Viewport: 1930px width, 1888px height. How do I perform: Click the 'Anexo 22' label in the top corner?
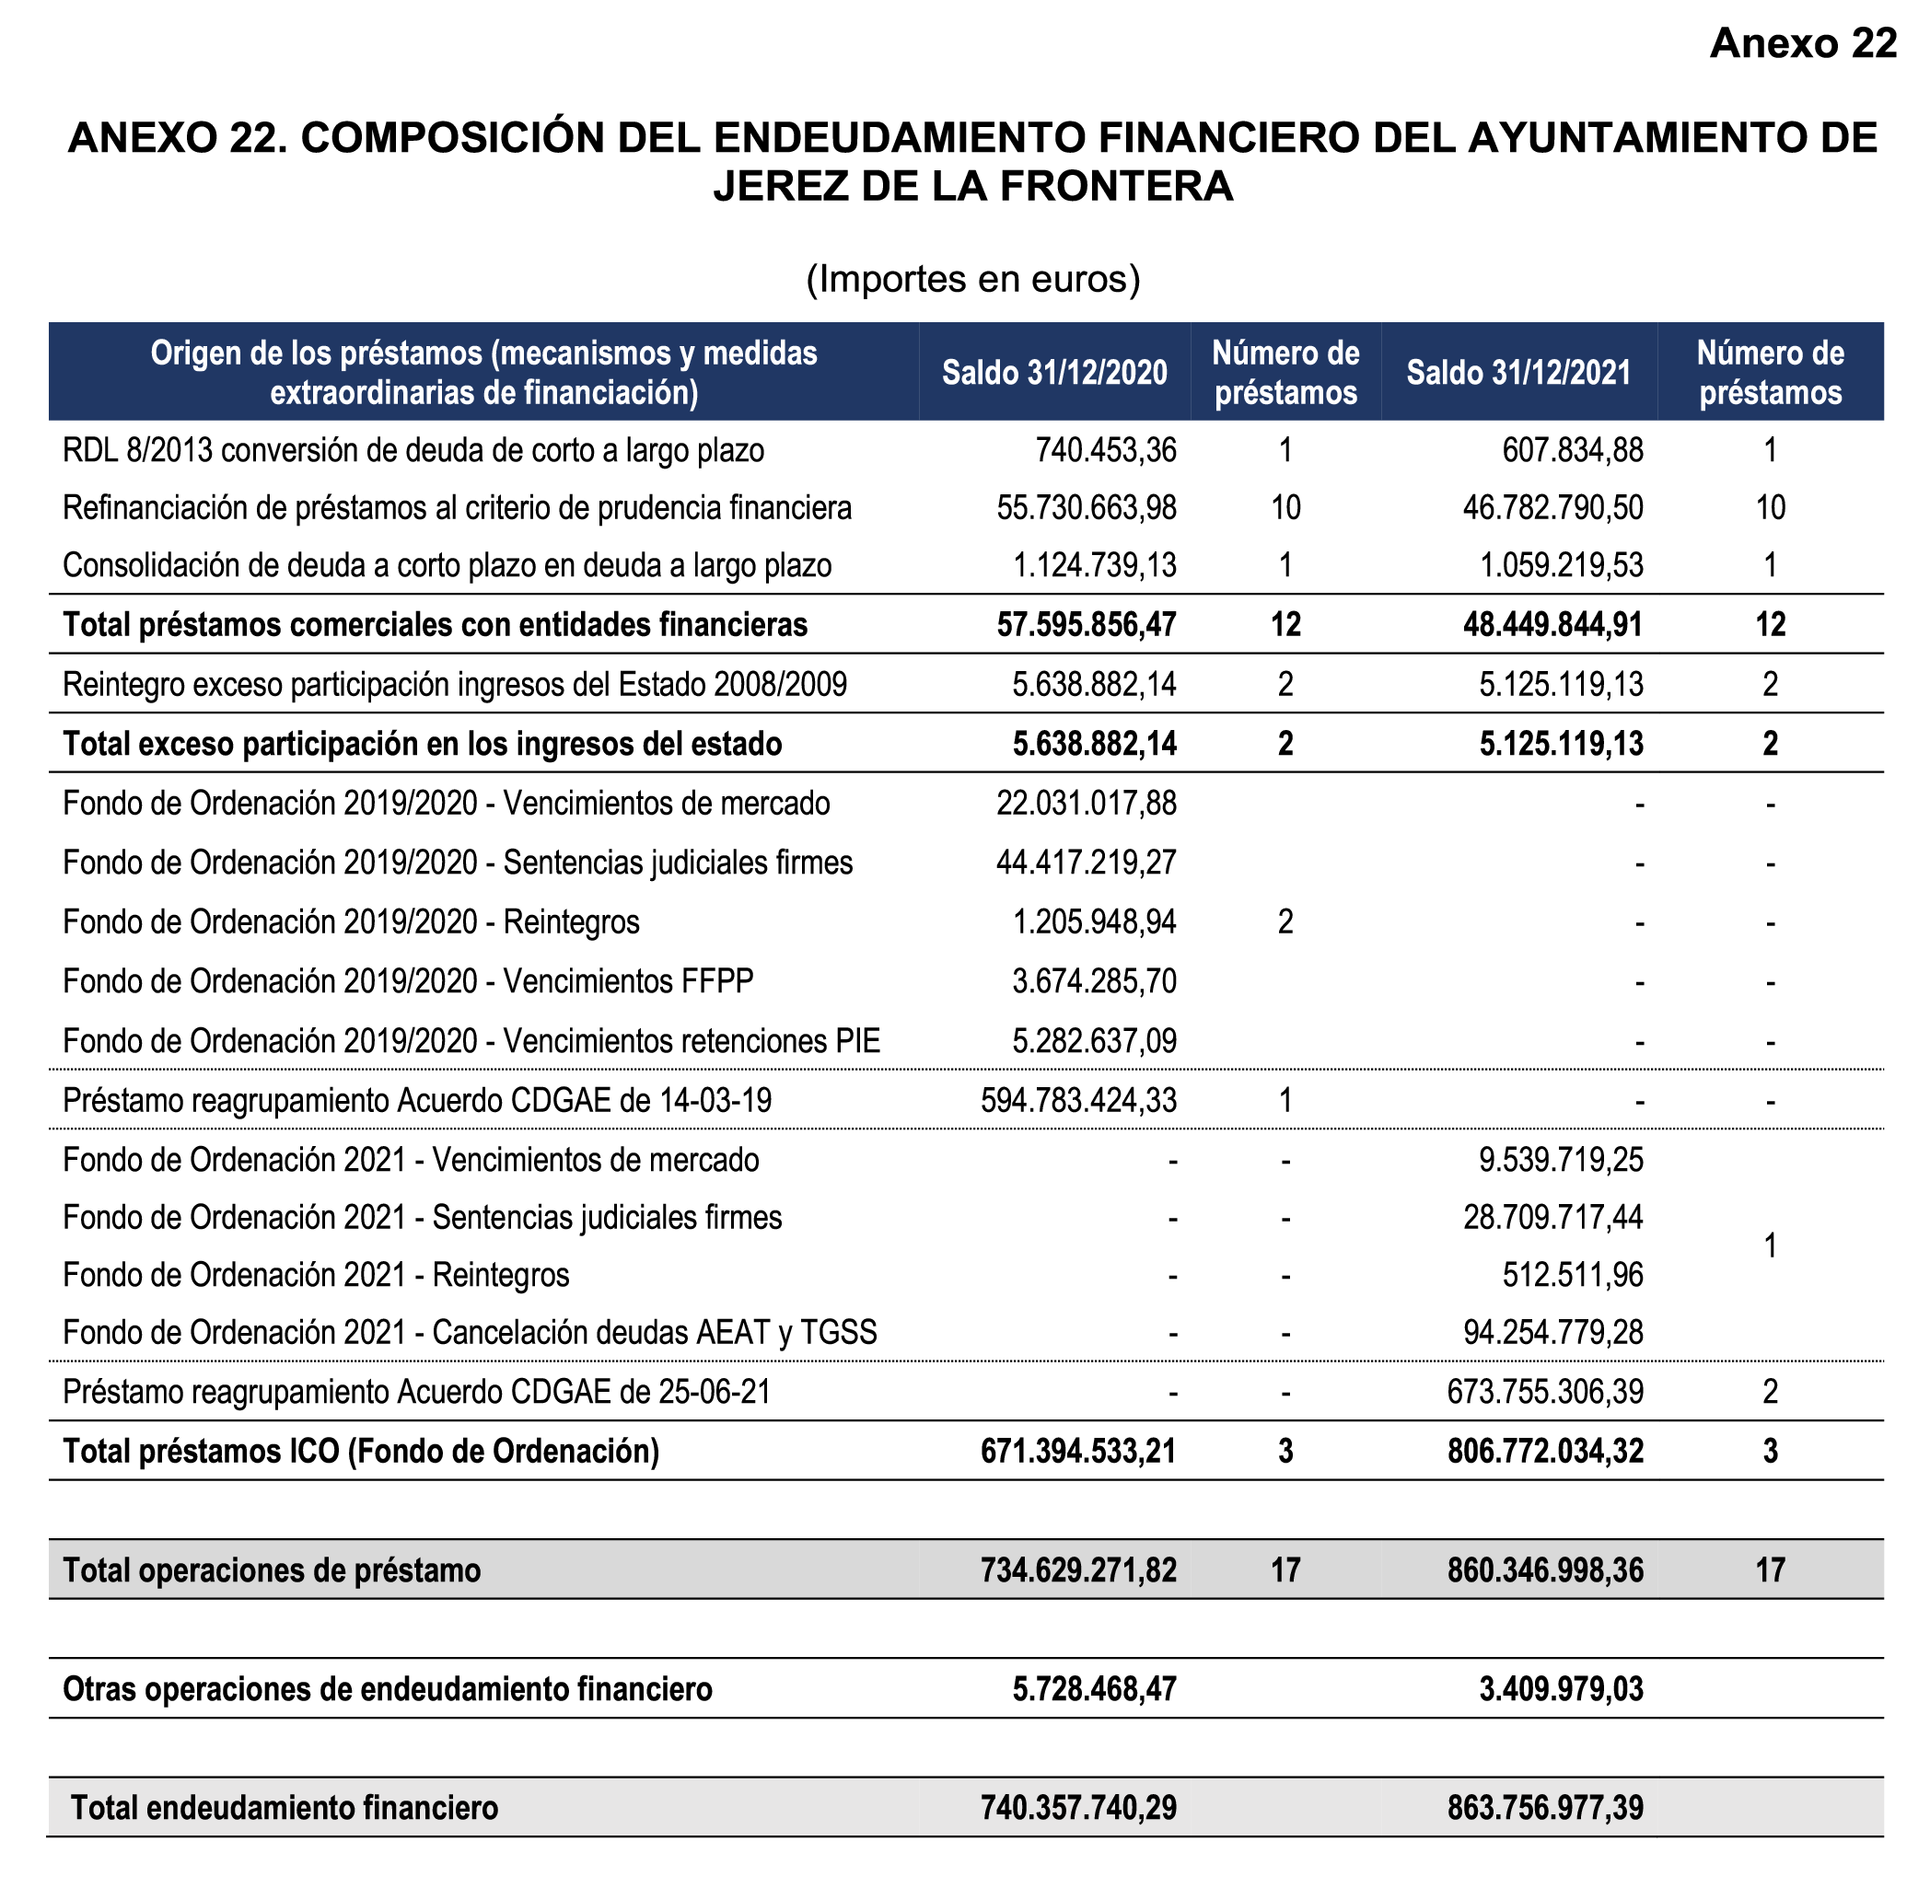coord(1802,43)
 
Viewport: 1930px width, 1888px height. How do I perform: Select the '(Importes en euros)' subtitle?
coord(973,280)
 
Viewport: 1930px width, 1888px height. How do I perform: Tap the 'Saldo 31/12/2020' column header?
coord(1054,373)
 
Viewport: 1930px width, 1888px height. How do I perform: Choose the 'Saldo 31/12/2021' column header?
coord(1518,373)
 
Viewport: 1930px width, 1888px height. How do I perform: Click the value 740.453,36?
coord(1106,451)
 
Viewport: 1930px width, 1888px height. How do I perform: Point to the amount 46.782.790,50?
coord(1552,509)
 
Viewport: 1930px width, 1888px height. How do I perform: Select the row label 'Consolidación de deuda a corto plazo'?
coord(448,566)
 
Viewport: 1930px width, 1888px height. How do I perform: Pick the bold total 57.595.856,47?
coord(1086,625)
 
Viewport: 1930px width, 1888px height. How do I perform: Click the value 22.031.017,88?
coord(1086,804)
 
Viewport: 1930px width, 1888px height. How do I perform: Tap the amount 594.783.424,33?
coord(1078,1101)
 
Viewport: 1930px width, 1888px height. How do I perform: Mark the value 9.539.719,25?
coord(1561,1160)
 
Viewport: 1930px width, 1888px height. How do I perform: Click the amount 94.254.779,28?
coord(1552,1333)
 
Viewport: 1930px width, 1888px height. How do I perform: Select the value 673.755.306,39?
coord(1544,1392)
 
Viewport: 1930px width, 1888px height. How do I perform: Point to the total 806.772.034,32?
coord(1544,1452)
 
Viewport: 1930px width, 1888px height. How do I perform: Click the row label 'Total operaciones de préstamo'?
coord(272,1570)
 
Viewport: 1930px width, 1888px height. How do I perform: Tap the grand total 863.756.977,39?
coord(1544,1809)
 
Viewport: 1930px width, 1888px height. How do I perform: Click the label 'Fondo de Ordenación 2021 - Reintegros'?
coord(317,1275)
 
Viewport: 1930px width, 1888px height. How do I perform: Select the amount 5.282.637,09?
coord(1094,1041)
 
